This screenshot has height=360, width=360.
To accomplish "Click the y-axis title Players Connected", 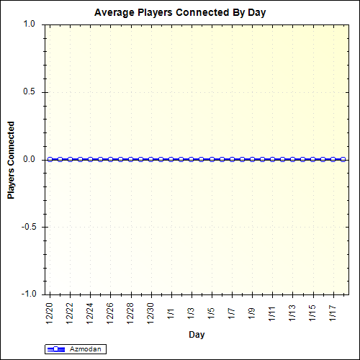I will click(11, 159).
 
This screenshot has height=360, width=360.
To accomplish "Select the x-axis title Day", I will click(197, 335).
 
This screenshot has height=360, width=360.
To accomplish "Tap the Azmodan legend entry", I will click(76, 349).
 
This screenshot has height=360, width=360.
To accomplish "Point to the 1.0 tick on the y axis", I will click(29, 24).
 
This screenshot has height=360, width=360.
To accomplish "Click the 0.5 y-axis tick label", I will click(29, 91).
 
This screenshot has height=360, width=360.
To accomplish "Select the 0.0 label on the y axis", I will click(29, 159).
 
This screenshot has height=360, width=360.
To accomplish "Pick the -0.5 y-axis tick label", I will click(27, 227).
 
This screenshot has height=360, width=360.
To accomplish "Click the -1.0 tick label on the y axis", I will click(27, 294).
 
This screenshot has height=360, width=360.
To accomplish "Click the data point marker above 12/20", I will click(50, 159).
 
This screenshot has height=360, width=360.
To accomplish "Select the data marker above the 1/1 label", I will click(171, 159).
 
